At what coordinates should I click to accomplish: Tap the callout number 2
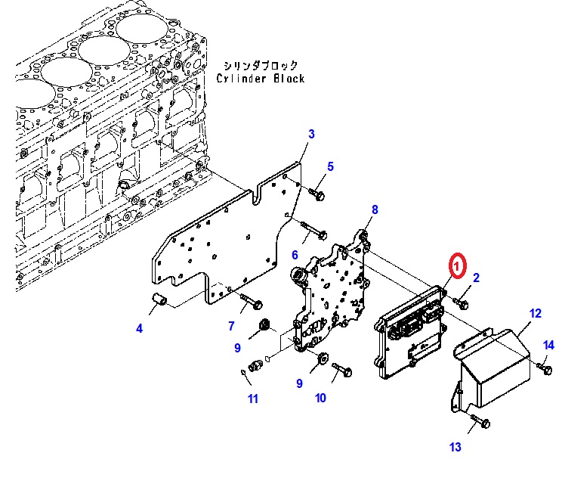pos(476,279)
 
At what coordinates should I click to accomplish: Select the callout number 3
pos(310,135)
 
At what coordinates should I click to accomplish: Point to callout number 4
pos(139,328)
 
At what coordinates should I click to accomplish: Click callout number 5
pos(330,166)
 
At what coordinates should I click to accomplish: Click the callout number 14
pos(548,346)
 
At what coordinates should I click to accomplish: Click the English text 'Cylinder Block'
pos(261,79)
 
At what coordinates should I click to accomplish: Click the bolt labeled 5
pos(317,194)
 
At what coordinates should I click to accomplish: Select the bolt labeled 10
pos(344,371)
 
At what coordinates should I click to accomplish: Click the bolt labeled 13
pos(480,422)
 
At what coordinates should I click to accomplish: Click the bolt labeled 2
pos(461,303)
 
